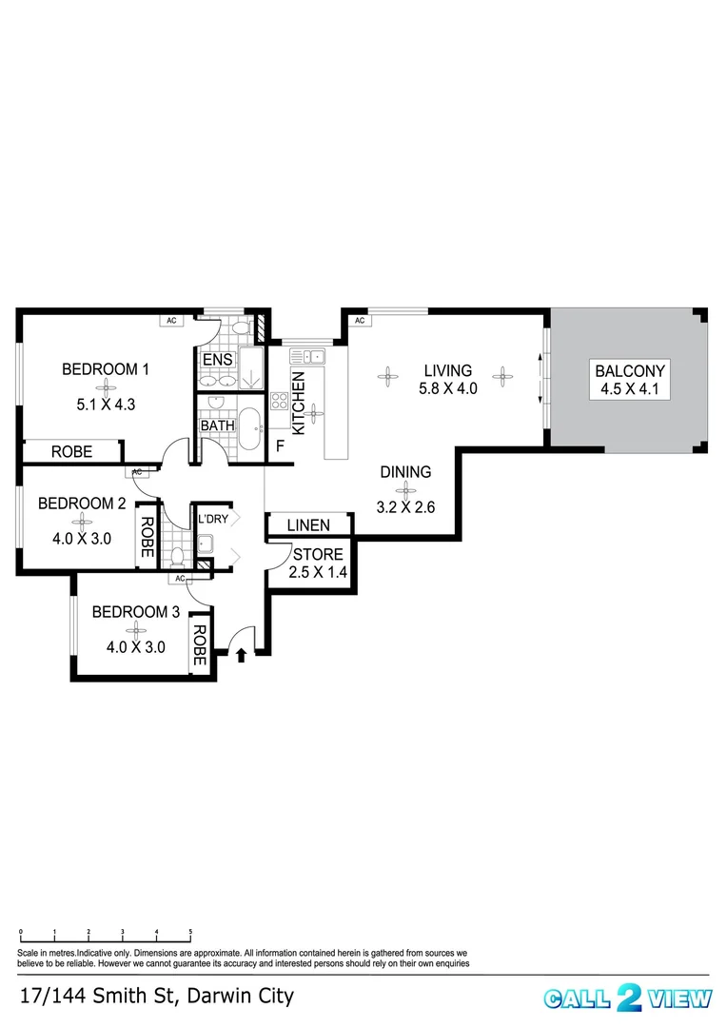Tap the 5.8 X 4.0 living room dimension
coord(447,388)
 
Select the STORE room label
coord(318,554)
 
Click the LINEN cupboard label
coord(308,524)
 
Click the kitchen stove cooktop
coord(281,401)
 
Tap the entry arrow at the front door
coord(241,654)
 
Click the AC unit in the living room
coord(360,321)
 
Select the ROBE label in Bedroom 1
coord(72,452)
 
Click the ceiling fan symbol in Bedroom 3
coord(137,629)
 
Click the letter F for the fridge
coord(281,445)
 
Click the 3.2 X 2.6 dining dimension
coord(406,507)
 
